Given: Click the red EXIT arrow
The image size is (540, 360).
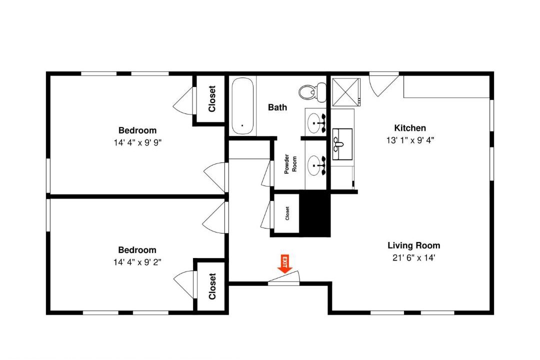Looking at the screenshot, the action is coord(285,264).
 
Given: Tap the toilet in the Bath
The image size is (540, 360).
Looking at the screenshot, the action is coord(312,92).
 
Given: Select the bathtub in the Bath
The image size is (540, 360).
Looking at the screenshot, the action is coord(242,106).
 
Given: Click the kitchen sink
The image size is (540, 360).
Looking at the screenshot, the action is coord(342,144).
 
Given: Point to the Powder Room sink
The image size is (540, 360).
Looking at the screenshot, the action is coord(316,165).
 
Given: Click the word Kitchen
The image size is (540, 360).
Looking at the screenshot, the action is coord(410,128).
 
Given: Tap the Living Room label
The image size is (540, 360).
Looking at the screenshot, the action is coord(413,245).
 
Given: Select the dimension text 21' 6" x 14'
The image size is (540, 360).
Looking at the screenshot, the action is coord(413,257).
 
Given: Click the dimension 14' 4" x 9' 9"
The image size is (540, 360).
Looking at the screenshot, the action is coord(137,142).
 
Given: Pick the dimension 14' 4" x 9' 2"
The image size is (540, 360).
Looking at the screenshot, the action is coord(137,262).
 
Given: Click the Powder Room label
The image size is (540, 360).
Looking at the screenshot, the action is coord(290,164).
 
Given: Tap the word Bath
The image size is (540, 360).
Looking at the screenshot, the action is coord(277,107).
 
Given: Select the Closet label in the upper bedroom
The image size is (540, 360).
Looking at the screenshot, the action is coord(212,99).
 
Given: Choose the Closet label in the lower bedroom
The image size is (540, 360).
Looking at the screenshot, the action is coord(212,286).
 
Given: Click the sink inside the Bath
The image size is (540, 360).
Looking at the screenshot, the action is coord(316,123).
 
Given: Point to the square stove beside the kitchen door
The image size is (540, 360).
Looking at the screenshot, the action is coord(346,92).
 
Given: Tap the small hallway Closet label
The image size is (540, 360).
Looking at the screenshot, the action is coord(287,213).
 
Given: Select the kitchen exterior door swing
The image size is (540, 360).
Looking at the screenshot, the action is coord(383,84).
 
